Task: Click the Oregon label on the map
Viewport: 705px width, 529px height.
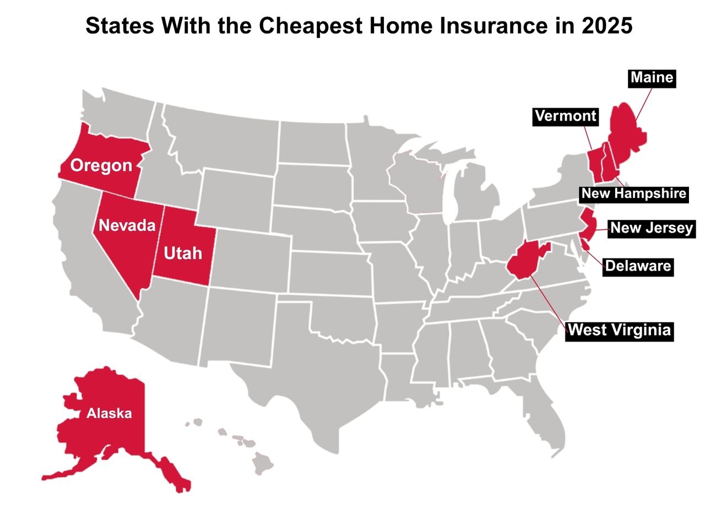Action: (x=101, y=165)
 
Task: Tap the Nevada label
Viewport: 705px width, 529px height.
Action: (x=127, y=225)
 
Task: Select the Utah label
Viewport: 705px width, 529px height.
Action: (x=183, y=253)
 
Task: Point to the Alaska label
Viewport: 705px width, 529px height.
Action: (x=109, y=413)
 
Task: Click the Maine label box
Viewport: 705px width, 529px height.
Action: (x=652, y=78)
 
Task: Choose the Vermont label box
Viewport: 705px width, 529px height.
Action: (x=566, y=116)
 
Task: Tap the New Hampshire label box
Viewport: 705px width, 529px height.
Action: (x=633, y=193)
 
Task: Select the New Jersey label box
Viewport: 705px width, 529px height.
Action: (x=652, y=228)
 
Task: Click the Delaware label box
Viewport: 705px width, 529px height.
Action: (x=638, y=267)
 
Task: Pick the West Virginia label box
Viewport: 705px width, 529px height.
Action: (x=620, y=330)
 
